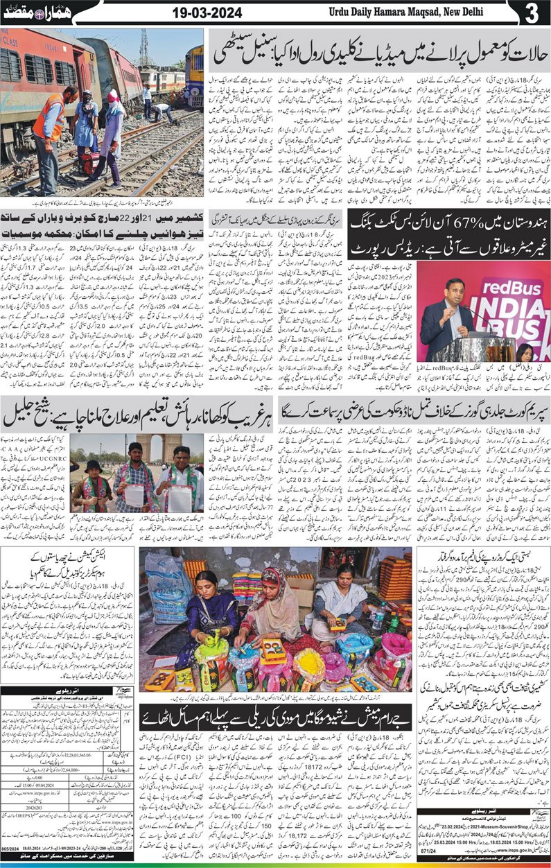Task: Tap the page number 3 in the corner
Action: point(532,13)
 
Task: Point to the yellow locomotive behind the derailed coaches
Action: point(195,76)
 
